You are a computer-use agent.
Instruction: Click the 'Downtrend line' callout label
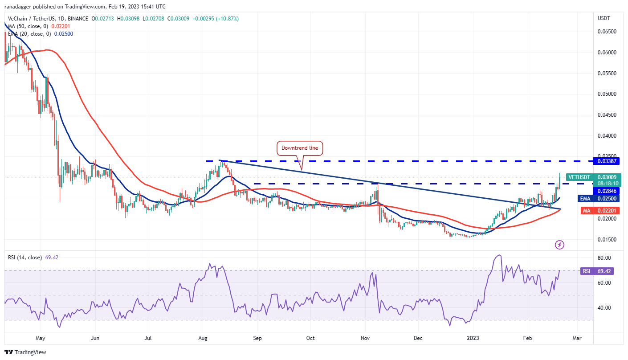point(300,148)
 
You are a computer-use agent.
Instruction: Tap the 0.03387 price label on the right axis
point(608,161)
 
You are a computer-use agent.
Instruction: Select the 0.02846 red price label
point(608,191)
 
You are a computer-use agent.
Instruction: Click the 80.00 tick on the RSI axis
point(604,258)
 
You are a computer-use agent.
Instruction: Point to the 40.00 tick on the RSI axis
point(604,307)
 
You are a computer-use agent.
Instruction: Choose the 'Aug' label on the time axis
point(202,338)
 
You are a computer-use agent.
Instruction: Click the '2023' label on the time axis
point(473,338)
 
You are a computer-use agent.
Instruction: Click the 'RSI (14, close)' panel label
point(25,257)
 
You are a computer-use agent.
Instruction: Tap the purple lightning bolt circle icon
point(560,245)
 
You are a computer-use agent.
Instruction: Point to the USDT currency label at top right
point(604,18)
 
